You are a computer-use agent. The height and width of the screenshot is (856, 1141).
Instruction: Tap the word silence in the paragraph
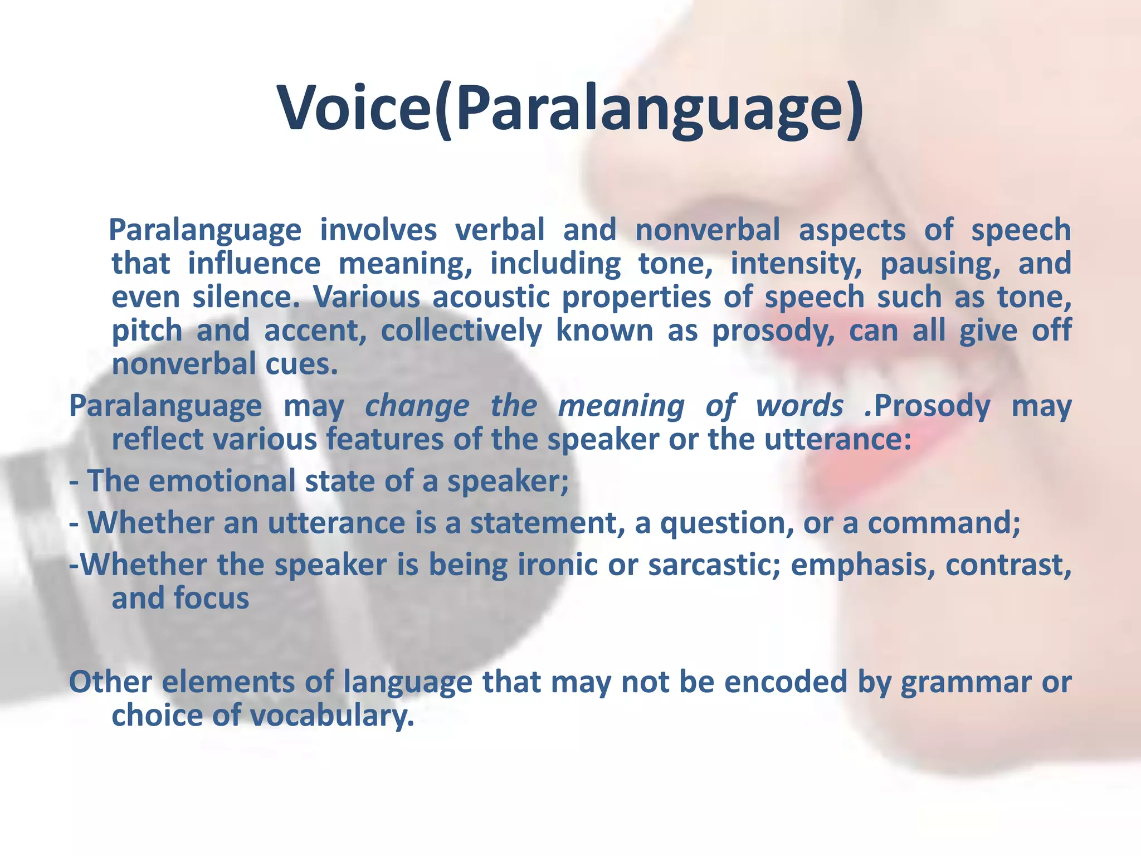point(246,297)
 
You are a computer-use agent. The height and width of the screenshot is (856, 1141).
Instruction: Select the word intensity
point(796,264)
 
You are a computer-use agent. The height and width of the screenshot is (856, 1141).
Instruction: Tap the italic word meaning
point(621,406)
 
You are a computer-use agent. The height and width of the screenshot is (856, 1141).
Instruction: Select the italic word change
point(417,406)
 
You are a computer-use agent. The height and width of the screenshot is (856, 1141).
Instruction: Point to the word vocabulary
point(332,716)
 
